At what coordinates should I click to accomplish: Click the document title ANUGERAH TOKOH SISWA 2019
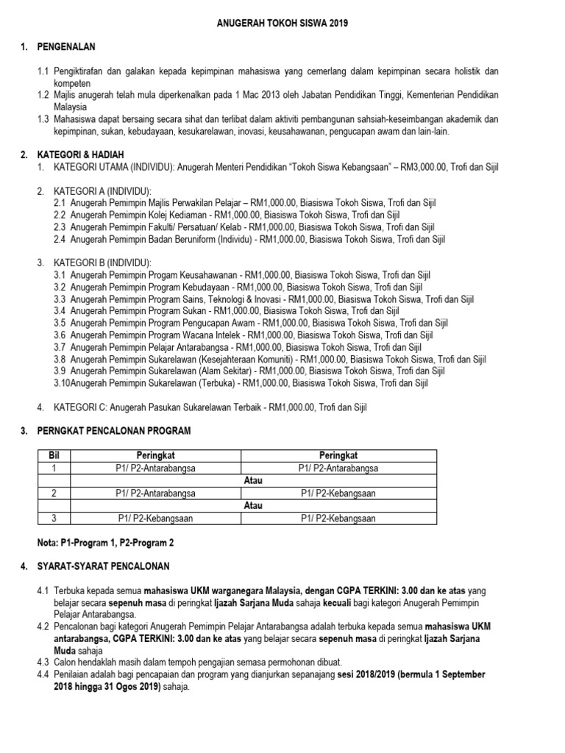(282, 24)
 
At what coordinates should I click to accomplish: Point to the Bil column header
(52, 456)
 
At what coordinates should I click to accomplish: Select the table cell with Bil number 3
(52, 518)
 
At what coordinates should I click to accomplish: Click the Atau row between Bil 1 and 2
(252, 481)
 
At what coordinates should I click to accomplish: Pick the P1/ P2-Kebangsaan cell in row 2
(338, 493)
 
